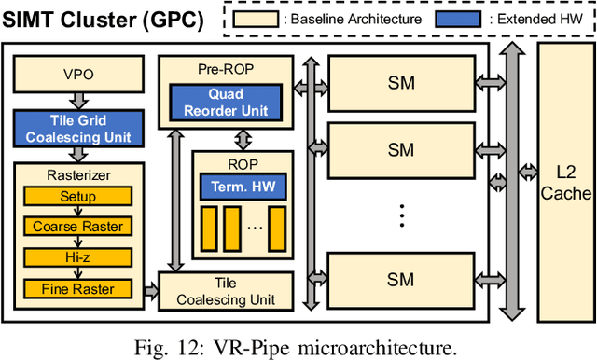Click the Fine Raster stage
tap(77, 288)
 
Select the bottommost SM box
tap(401, 281)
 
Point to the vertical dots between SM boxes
tap(401, 216)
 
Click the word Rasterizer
tap(77, 174)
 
